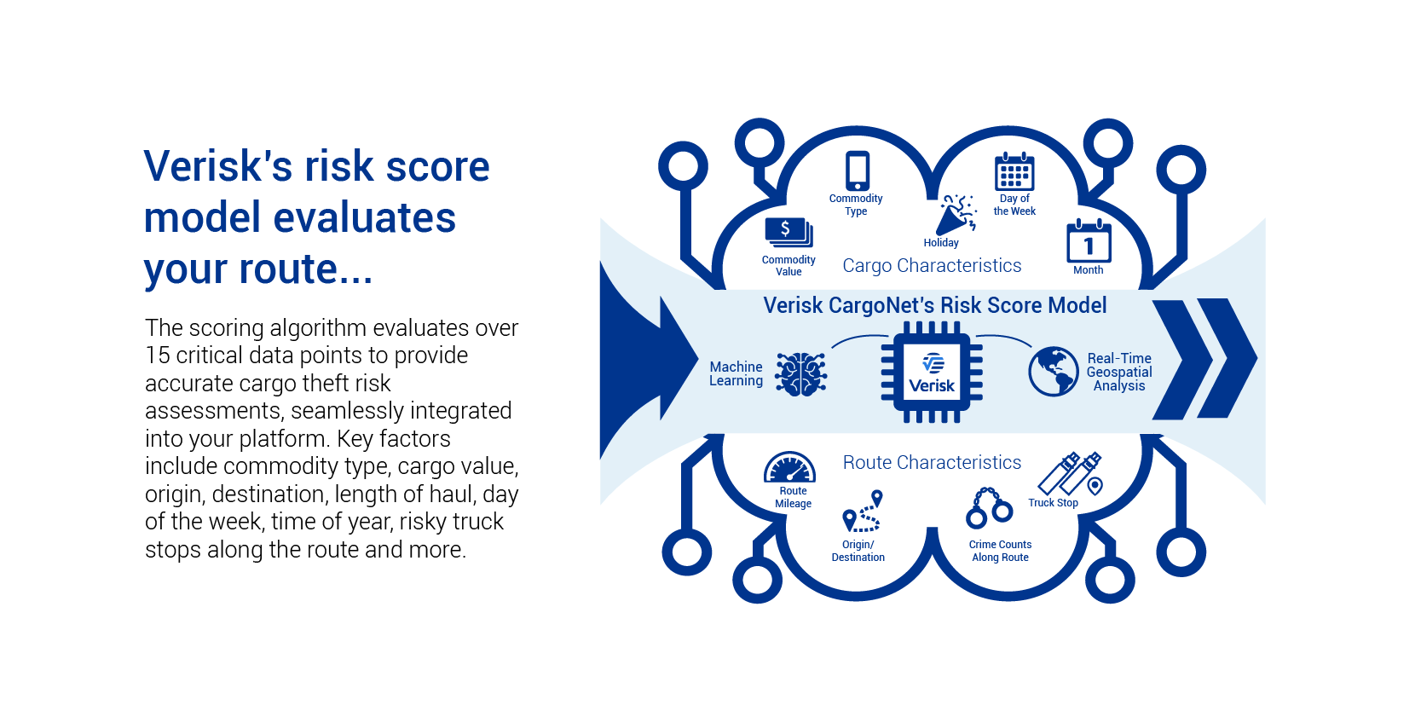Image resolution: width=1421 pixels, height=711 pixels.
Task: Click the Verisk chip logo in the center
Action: (x=932, y=373)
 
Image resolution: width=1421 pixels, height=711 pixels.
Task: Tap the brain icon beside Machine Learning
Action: (x=801, y=373)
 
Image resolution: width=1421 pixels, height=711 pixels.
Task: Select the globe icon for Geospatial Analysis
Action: (x=1054, y=372)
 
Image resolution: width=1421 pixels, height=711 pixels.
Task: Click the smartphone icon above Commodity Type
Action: (x=858, y=171)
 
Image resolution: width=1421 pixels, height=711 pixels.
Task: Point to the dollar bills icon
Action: (x=788, y=233)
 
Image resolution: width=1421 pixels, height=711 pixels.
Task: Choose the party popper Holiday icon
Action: (x=955, y=215)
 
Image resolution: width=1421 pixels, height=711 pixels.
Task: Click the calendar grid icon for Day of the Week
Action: (x=1014, y=172)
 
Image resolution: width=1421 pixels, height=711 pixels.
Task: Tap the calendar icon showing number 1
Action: (x=1089, y=242)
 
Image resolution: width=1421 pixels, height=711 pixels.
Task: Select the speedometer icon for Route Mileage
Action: (x=790, y=468)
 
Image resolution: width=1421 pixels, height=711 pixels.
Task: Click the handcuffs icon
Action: (x=989, y=508)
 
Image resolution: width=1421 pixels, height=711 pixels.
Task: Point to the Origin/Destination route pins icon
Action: (x=862, y=512)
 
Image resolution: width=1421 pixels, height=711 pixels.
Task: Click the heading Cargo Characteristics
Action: (x=932, y=266)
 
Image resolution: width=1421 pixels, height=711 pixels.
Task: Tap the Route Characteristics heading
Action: (x=932, y=462)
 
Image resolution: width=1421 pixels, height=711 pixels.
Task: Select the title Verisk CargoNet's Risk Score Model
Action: (x=934, y=305)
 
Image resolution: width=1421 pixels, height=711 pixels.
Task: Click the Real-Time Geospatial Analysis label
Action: (x=1119, y=372)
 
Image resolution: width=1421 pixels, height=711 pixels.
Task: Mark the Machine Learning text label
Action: (x=736, y=373)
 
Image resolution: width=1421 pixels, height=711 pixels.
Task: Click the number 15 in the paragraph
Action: (x=158, y=355)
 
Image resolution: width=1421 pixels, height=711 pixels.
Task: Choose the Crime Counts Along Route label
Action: (x=1000, y=551)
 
